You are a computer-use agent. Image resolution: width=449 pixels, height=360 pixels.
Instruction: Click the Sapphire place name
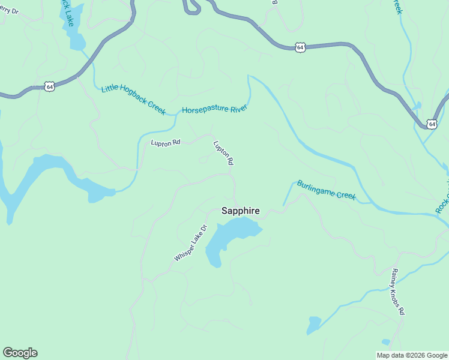pos(240,211)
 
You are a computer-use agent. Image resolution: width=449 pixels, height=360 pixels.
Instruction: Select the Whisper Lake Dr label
pos(191,243)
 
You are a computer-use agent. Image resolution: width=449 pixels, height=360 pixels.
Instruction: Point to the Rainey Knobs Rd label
pos(399,292)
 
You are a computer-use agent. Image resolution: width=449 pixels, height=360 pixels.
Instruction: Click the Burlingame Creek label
pos(327,190)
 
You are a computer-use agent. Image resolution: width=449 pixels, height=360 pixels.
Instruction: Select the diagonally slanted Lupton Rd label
pos(223,153)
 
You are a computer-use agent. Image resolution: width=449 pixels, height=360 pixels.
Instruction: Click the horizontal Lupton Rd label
pos(166,143)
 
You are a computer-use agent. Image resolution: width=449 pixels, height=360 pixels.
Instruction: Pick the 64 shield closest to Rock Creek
pos(431,124)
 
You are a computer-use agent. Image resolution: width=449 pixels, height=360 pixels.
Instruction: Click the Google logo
pos(20,353)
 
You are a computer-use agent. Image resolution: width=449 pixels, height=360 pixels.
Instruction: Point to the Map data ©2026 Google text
pos(411,355)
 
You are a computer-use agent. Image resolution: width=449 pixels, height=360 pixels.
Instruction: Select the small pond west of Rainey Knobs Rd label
pos(313,325)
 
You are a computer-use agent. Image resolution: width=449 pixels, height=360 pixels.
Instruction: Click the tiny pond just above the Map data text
pos(385,342)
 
